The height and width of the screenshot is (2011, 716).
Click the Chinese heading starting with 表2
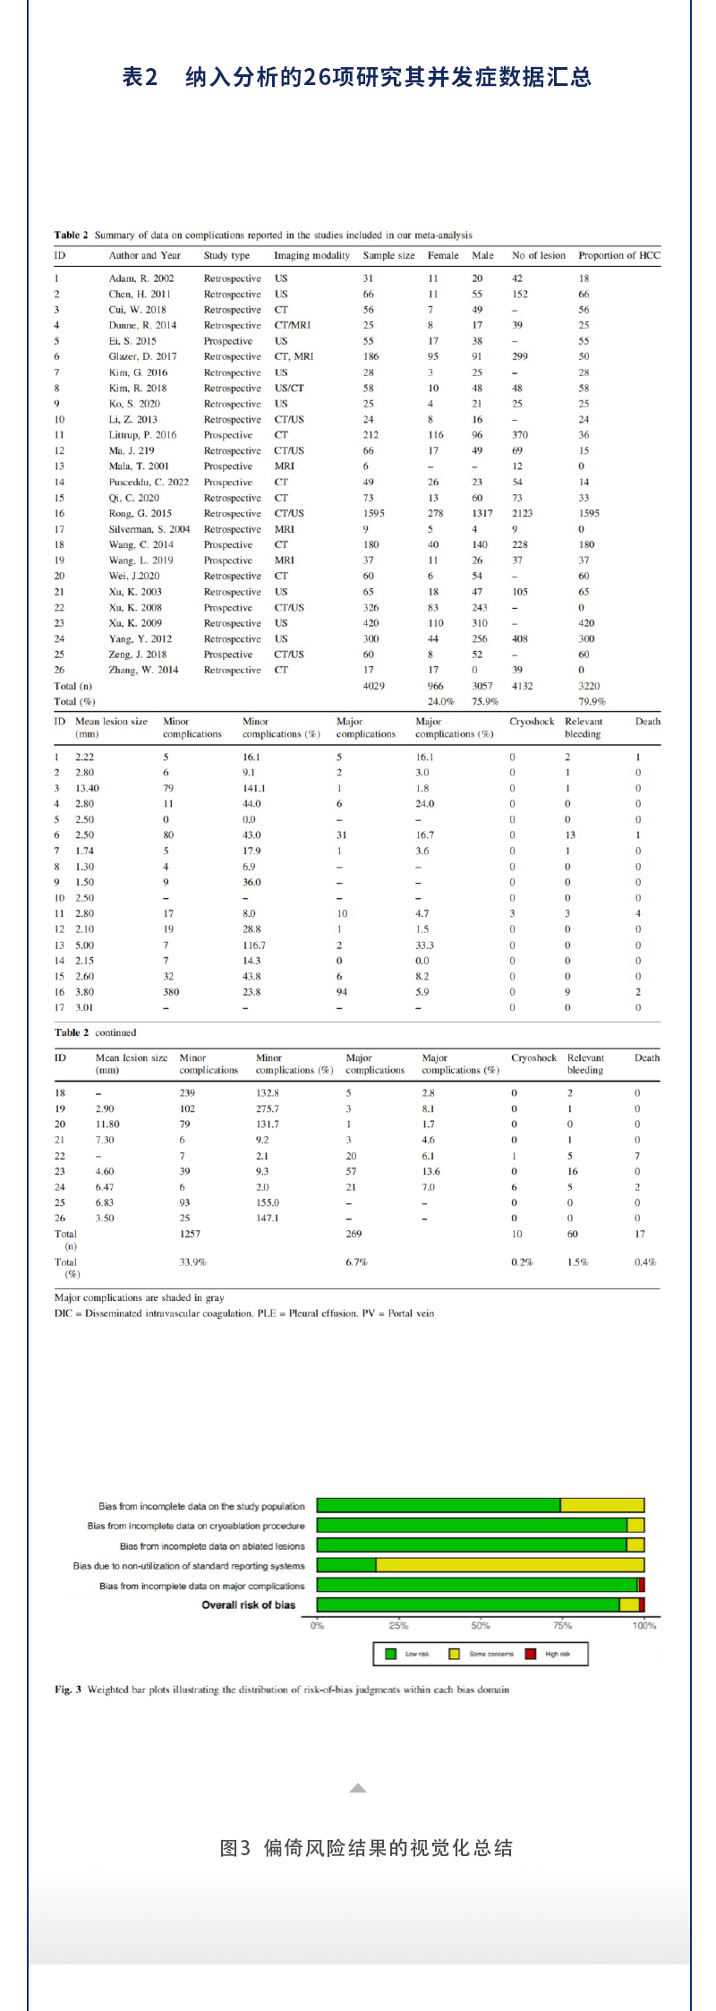click(x=356, y=77)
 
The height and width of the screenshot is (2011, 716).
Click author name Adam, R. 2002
click(x=141, y=278)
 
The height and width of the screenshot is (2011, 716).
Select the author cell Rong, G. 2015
click(x=141, y=513)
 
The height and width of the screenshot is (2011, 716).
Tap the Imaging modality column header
click(x=311, y=255)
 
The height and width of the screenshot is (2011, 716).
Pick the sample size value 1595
click(x=374, y=513)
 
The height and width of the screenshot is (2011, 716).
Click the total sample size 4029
click(x=374, y=686)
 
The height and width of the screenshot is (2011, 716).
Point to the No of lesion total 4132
click(x=522, y=686)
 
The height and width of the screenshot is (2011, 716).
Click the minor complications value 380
click(x=171, y=992)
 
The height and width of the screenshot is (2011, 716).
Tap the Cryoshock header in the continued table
click(x=533, y=1057)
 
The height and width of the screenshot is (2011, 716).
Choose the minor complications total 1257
click(x=190, y=1234)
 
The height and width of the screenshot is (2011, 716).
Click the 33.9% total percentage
click(x=192, y=1262)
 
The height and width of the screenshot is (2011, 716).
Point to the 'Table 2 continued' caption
click(x=95, y=1032)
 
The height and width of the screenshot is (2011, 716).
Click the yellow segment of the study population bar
click(x=601, y=1506)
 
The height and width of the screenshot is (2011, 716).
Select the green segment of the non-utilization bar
click(x=346, y=1565)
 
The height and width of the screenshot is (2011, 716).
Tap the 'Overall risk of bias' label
click(x=248, y=1605)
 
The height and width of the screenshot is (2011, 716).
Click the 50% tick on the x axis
click(x=481, y=1625)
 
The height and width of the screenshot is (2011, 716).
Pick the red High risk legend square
click(x=531, y=1654)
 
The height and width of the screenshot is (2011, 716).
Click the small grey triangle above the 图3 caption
click(x=358, y=1787)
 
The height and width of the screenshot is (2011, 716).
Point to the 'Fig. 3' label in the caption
click(x=68, y=1690)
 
